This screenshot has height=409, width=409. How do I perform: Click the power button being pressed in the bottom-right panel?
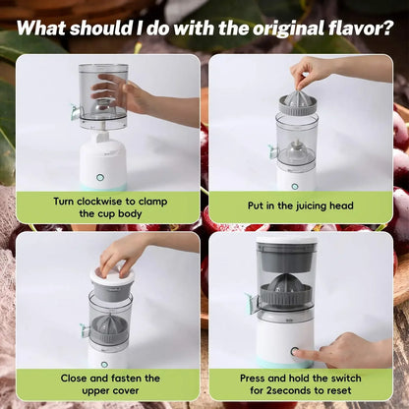click(292, 351)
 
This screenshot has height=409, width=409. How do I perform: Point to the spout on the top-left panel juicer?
click(74, 113)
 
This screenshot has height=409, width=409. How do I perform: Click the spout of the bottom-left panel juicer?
click(85, 330)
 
